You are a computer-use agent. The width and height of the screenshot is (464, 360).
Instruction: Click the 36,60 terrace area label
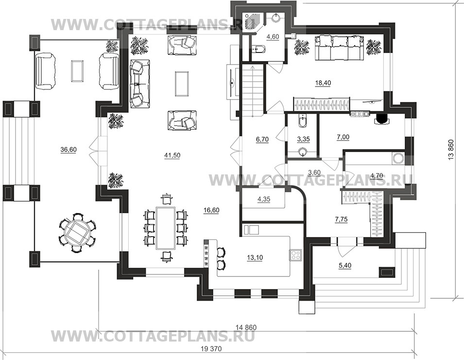(x=69, y=150)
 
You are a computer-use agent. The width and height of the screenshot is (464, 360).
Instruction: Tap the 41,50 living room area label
(x=172, y=155)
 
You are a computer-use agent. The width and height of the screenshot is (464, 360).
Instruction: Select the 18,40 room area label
(x=323, y=83)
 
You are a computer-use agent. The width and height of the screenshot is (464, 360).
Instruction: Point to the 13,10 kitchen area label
(x=255, y=258)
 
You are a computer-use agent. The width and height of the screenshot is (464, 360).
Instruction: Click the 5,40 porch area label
(x=345, y=266)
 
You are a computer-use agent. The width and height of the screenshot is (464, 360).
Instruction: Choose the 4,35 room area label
(x=264, y=199)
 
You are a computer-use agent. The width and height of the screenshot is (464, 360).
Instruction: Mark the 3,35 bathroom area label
(x=303, y=139)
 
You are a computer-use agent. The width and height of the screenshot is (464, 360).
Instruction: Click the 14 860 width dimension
(x=246, y=327)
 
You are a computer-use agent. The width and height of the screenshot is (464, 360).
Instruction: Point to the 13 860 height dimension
(x=451, y=150)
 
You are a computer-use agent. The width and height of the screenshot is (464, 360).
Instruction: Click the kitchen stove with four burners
(x=296, y=255)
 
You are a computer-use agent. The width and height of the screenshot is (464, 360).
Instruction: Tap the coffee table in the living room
(x=182, y=84)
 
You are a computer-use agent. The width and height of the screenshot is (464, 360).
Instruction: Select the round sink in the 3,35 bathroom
(x=302, y=153)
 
